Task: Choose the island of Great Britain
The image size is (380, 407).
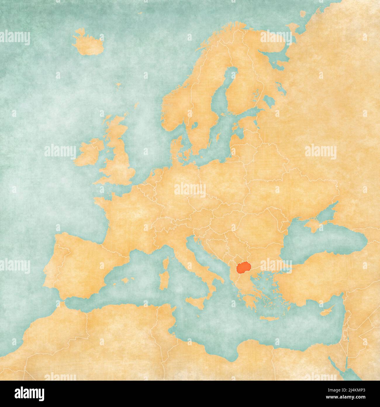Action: [120, 158]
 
